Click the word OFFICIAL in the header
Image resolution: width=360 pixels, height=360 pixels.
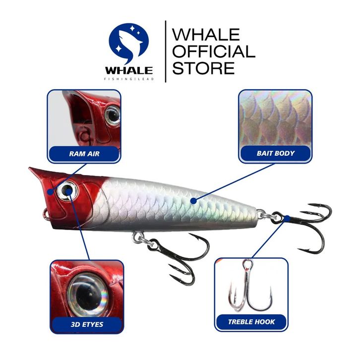[213, 51]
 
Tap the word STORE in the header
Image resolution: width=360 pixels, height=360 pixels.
[203, 67]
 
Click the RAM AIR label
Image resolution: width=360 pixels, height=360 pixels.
[84, 154]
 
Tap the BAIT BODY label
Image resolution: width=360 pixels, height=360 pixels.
[276, 153]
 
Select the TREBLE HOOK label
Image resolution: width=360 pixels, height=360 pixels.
[251, 322]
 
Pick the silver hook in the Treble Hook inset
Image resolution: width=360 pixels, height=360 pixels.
[250, 288]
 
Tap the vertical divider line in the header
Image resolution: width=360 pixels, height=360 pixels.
[165, 51]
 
